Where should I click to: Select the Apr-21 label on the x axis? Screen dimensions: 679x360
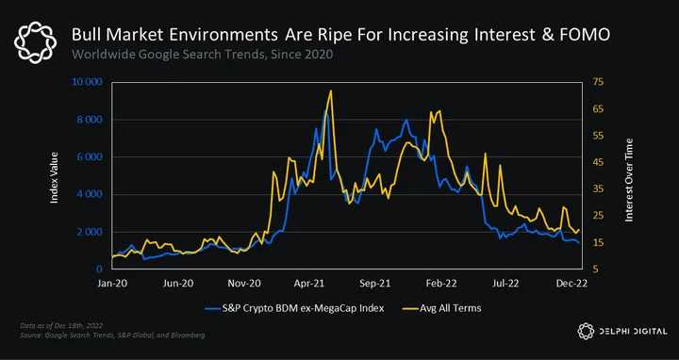310,284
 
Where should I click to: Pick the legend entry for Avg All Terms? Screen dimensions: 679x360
441,308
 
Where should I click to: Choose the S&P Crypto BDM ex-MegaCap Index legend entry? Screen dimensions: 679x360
294,308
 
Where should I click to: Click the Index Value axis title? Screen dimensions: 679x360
54,177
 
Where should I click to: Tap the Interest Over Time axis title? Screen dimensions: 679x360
629,180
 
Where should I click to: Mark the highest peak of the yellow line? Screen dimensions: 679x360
331,90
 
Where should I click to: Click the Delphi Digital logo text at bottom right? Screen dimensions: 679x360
633,332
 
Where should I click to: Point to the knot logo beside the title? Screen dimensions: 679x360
35,42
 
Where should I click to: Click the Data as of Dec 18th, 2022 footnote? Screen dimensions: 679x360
61,325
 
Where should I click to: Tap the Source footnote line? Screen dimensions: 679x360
112,335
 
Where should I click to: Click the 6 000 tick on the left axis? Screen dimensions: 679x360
91,157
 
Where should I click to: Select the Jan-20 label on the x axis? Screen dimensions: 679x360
113,284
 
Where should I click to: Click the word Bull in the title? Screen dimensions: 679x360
83,35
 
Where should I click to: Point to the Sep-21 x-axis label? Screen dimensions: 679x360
376,284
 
